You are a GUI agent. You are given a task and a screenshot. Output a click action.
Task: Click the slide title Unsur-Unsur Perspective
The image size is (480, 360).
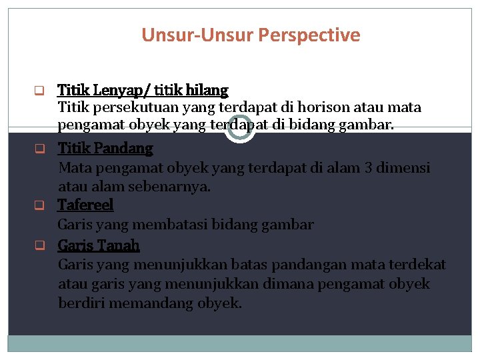(x=251, y=35)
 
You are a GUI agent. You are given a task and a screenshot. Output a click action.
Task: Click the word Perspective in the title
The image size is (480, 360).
(x=313, y=35)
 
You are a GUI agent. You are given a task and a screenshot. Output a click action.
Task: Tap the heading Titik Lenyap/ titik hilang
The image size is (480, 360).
(x=143, y=89)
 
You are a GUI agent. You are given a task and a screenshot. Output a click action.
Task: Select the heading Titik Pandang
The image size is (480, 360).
(x=105, y=148)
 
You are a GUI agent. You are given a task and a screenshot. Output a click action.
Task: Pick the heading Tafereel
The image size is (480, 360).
(x=85, y=205)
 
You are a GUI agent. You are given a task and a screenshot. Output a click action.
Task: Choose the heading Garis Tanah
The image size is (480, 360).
(x=99, y=245)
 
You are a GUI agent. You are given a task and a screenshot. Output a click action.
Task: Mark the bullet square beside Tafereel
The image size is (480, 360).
(x=39, y=205)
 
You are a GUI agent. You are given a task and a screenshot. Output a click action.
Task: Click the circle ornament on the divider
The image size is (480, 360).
(x=239, y=127)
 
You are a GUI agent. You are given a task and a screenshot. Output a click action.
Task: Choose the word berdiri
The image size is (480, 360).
(x=83, y=303)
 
